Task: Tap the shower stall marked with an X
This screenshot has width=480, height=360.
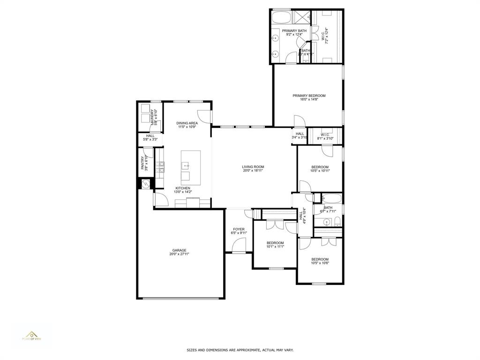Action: click(x=301, y=18)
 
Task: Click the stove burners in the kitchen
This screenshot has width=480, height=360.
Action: click(x=160, y=166)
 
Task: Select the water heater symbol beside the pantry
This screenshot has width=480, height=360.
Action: click(x=145, y=184)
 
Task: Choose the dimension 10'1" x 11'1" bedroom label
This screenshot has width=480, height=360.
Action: click(x=275, y=245)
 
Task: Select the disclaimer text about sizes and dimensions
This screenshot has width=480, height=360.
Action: click(x=240, y=350)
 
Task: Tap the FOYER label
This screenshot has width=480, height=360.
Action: click(x=239, y=231)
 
